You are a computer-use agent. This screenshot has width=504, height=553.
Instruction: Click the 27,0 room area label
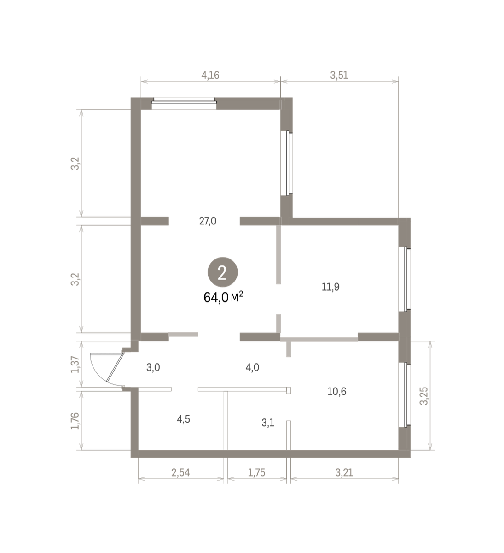click(208, 221)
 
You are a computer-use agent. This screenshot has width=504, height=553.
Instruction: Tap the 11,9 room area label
click(330, 287)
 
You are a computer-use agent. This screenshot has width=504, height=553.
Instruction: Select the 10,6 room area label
click(336, 391)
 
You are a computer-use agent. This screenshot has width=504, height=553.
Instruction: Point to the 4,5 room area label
click(184, 419)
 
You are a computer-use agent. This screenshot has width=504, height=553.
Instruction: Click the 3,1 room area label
click(268, 423)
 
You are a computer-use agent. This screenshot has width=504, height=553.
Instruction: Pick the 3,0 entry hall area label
click(153, 367)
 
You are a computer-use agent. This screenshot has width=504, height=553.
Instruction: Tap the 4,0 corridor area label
click(252, 367)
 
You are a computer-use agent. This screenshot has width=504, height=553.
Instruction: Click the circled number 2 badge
click(222, 272)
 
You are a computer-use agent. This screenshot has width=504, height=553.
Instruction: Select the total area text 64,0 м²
click(223, 297)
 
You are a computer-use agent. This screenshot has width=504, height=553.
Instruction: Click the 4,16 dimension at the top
click(210, 75)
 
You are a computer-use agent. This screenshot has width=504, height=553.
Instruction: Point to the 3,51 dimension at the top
click(339, 75)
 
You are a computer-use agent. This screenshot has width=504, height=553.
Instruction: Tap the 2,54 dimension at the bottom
click(181, 472)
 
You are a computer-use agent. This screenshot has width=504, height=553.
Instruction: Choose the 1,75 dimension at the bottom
click(256, 472)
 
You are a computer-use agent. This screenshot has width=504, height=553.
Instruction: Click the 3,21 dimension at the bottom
click(344, 472)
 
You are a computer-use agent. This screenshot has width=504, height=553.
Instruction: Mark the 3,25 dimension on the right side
click(424, 396)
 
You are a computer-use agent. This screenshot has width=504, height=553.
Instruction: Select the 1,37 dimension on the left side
click(75, 364)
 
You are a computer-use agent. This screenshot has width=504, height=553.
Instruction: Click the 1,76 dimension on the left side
click(75, 421)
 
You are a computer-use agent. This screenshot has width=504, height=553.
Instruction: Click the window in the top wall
click(184, 103)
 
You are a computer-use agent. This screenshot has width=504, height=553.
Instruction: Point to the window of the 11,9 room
click(405, 279)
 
